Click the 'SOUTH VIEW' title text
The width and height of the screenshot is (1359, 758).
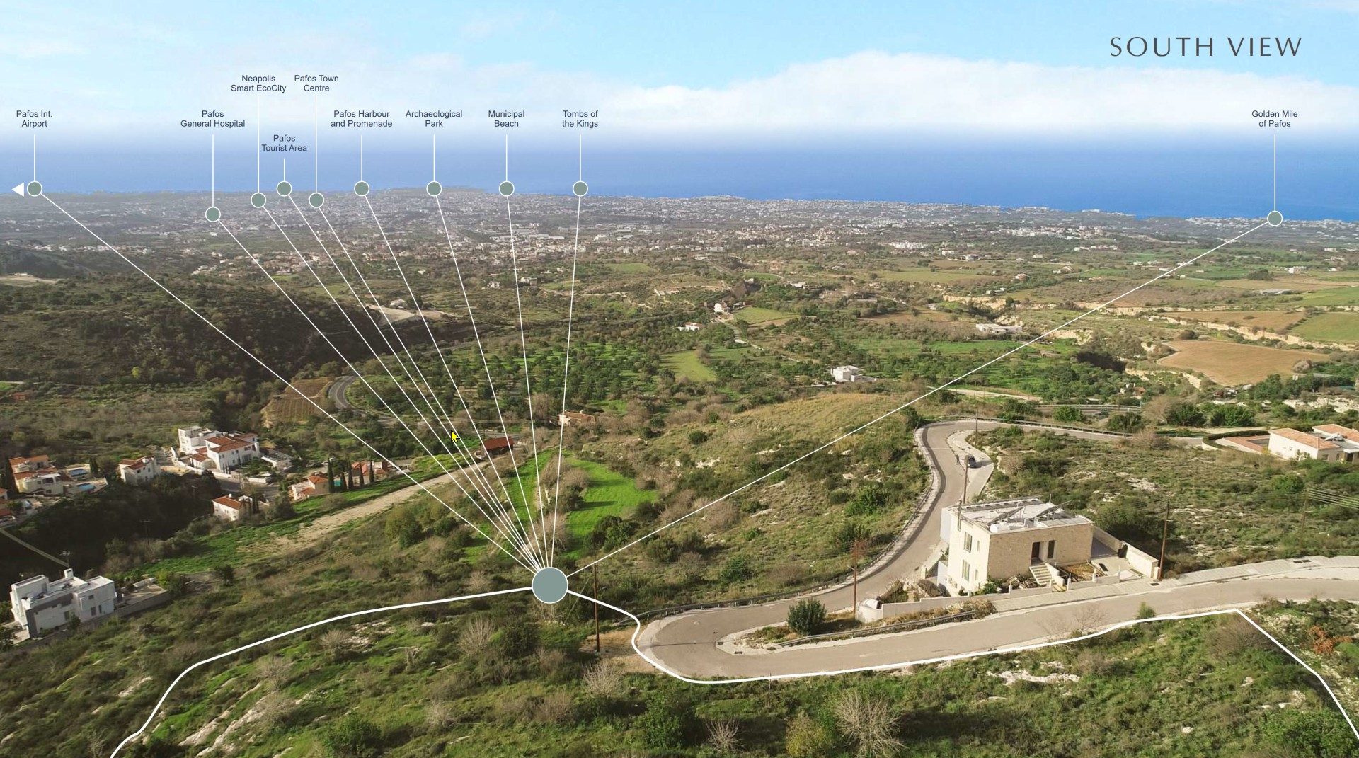1205,47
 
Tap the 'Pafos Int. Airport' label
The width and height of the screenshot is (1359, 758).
34,119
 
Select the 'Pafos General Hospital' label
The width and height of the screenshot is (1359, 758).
212,119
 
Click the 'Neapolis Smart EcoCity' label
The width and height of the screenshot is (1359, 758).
258,84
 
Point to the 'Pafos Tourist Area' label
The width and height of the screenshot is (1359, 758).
284,143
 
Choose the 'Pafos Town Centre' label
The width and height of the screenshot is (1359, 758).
316,84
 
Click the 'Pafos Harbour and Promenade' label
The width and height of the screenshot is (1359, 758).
362,119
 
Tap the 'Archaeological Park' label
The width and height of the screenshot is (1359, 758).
434,119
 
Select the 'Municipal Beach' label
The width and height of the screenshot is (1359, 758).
506,119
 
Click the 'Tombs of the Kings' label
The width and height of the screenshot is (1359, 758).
580,119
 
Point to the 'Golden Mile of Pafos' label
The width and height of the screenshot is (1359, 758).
1275,119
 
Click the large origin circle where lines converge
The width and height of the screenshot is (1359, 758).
550,585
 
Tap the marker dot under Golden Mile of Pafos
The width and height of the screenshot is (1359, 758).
1275,219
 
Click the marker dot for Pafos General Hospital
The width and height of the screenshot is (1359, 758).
213,214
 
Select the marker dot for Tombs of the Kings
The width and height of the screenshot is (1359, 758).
580,189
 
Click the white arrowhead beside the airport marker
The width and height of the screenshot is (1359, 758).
18,189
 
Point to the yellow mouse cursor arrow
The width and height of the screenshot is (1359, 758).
455,437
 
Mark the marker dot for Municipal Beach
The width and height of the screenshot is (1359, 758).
506,189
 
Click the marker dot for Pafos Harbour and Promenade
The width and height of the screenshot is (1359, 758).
362,189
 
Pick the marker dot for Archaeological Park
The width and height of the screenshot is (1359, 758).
434,189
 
